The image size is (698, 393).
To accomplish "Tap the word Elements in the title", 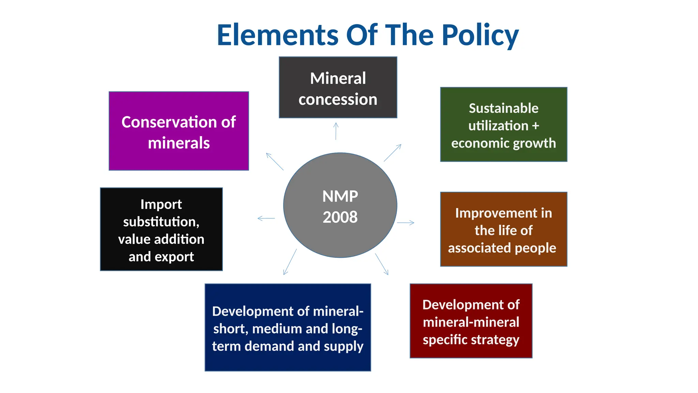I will (277, 35).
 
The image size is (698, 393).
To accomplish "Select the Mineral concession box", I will (338, 88).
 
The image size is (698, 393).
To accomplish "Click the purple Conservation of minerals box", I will (179, 131).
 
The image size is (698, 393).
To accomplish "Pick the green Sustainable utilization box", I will (503, 125).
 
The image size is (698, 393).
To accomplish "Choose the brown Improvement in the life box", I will (503, 229).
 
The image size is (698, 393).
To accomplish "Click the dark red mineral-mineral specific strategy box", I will (471, 321).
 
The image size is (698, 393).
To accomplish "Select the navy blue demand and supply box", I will (288, 327).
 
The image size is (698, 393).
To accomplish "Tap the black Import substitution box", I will (161, 229).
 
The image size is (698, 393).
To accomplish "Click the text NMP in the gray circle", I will (340, 196).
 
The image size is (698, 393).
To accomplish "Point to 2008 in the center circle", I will (340, 217).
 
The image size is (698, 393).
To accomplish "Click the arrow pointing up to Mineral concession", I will (336, 131).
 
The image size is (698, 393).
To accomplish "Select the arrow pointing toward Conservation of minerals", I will (275, 162).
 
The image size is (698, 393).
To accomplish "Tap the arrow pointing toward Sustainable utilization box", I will (393, 152).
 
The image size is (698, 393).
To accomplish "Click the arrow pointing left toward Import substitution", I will (266, 218).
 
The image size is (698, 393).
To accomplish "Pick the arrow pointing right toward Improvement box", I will (406, 223).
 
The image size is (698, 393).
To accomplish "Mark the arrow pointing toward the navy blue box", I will (290, 262).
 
